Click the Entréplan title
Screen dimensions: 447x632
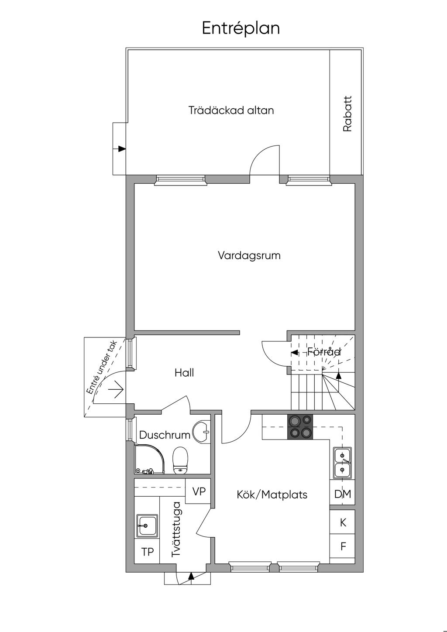coord(241,28)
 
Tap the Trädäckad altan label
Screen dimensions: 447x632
coord(231,110)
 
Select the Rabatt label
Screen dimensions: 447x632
coord(347,114)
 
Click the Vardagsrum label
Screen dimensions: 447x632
coord(249,255)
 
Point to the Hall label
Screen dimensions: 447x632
coord(184,373)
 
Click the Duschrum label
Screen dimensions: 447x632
coord(165,435)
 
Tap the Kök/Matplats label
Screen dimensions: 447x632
coord(272,495)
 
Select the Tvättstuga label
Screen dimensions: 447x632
coord(176,529)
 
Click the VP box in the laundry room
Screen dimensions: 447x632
coord(199,491)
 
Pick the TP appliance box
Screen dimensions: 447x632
coord(148,552)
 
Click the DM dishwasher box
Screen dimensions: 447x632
coord(343,494)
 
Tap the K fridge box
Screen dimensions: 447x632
coord(343,522)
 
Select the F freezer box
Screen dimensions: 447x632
coord(343,546)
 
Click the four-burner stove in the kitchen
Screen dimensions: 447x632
coord(300,426)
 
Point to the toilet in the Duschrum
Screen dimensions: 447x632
coord(180,461)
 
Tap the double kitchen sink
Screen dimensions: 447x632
coord(342,463)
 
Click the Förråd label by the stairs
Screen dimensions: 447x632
coord(323,352)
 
